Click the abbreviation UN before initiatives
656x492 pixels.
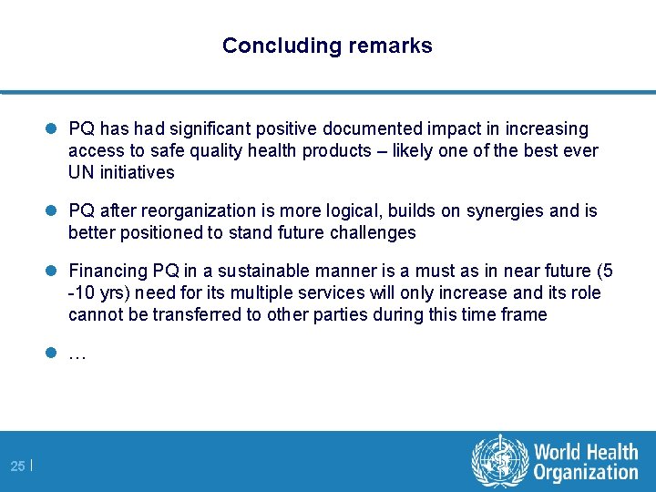tap(80, 172)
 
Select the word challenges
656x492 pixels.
tap(374, 233)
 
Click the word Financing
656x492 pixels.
tap(106, 272)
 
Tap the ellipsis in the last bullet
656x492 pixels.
tap(77, 355)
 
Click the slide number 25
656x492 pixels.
tap(18, 466)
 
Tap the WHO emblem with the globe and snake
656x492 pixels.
tap(499, 461)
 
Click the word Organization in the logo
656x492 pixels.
tap(586, 473)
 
